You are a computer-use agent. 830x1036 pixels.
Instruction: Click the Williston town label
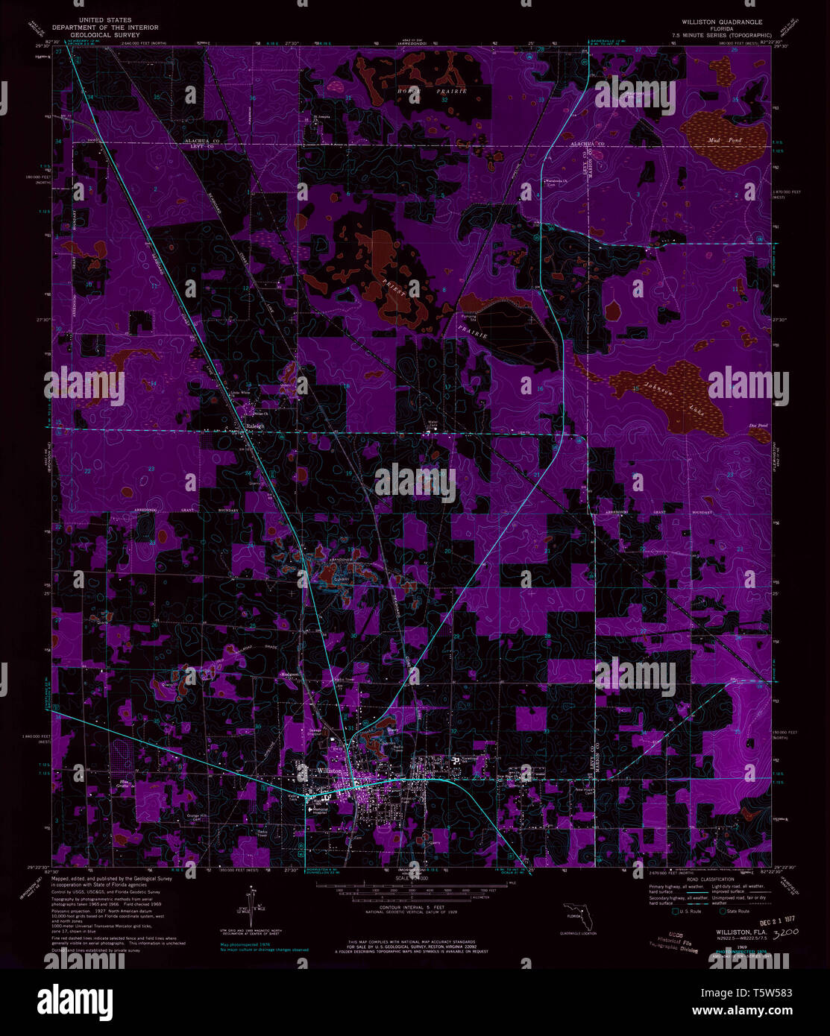pyautogui.click(x=329, y=770)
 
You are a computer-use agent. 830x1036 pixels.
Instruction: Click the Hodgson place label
pyautogui.click(x=289, y=674)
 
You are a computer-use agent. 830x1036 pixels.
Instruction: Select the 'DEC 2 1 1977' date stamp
pyautogui.click(x=775, y=921)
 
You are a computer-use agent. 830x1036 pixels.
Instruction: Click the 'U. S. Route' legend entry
pyautogui.click(x=688, y=912)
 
